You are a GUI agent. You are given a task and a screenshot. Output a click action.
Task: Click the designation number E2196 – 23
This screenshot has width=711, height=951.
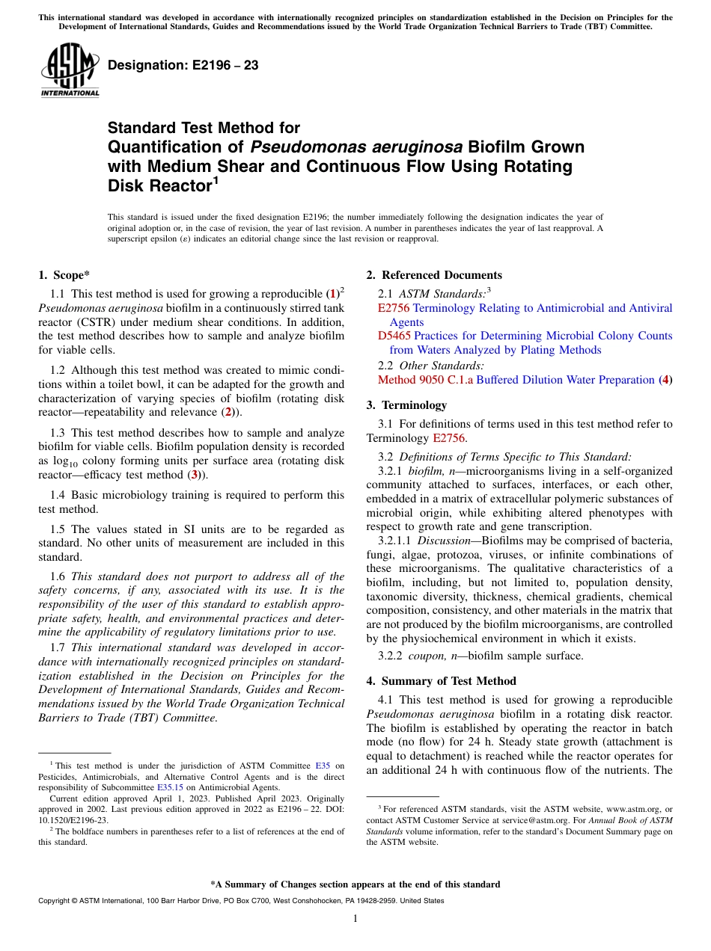(x=183, y=65)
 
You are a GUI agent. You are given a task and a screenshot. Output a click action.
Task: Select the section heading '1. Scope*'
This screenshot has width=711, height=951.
(x=64, y=275)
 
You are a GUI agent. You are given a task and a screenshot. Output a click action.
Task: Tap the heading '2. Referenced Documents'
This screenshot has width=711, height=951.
(x=434, y=275)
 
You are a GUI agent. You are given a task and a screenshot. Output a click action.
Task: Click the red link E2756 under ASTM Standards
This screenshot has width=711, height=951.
(x=394, y=308)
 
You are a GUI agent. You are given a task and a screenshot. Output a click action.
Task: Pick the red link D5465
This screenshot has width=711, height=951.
(x=394, y=336)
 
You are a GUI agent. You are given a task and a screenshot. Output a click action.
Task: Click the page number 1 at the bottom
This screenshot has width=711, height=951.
(x=355, y=919)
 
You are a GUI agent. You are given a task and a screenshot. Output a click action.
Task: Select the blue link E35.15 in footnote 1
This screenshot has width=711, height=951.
(x=170, y=787)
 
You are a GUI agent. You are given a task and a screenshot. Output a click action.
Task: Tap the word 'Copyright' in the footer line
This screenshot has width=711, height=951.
(x=54, y=901)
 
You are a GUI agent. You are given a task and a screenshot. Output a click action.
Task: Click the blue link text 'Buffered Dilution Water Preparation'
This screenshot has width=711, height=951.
(x=565, y=380)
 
